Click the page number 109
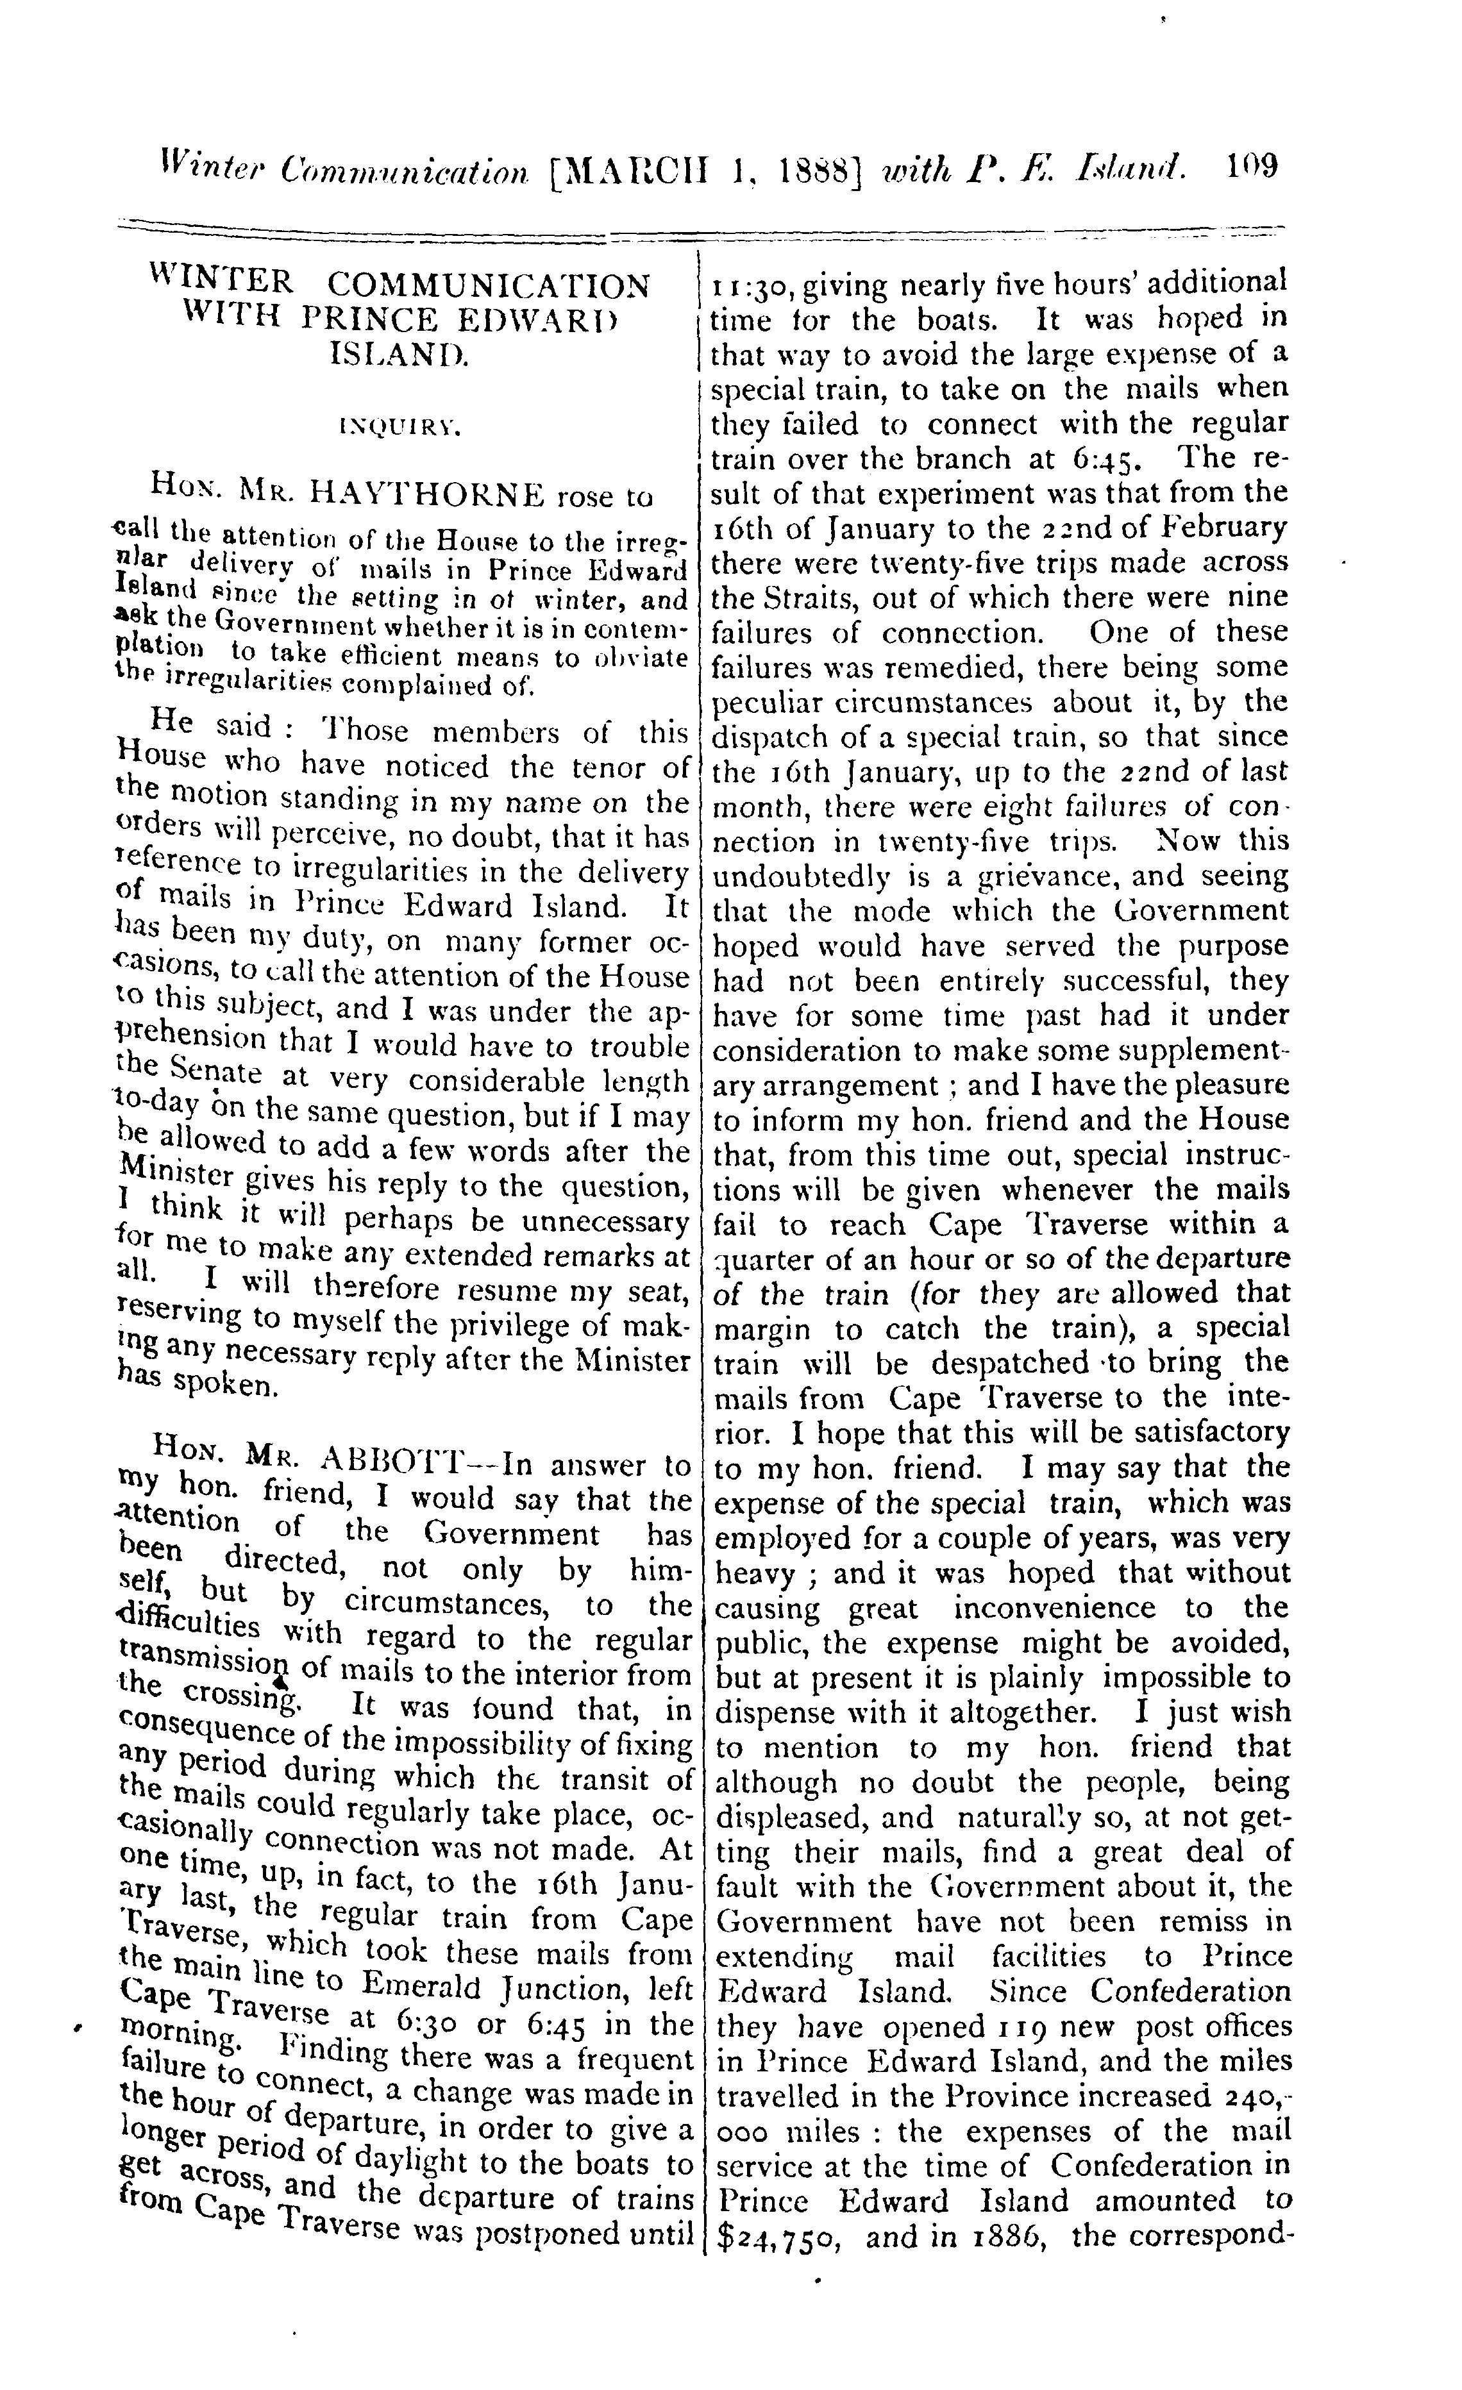coord(1252,166)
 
